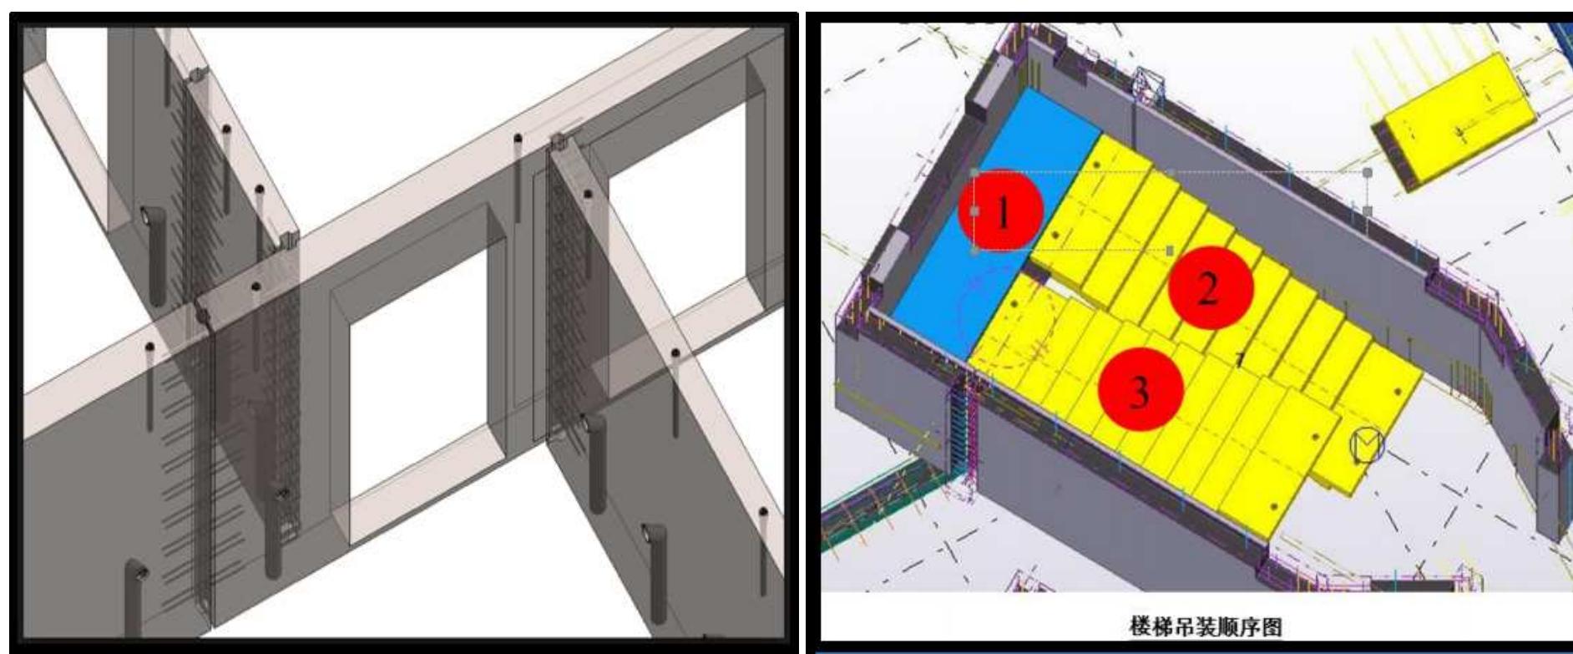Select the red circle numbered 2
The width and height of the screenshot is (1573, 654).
(1211, 288)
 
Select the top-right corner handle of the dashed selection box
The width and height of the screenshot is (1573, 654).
(1368, 173)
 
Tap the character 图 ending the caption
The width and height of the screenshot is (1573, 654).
(1273, 626)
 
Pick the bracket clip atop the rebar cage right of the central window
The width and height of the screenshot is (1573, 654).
(557, 143)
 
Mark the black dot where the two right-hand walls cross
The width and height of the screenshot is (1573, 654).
(675, 354)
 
